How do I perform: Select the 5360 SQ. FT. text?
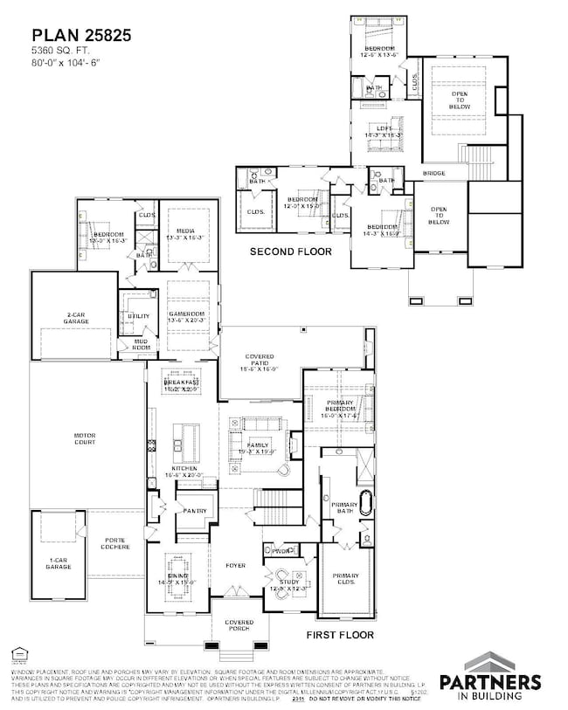(x=62, y=52)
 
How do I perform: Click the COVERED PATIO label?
(x=260, y=363)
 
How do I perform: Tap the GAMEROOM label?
(x=189, y=315)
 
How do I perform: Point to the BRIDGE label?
(x=434, y=174)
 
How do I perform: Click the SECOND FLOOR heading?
(x=291, y=252)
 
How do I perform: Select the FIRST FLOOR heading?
(x=340, y=634)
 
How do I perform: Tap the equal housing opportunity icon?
(x=18, y=652)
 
